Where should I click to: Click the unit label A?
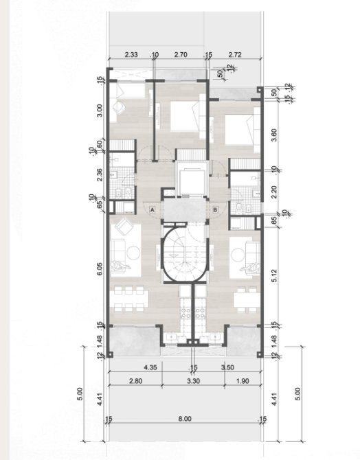point(152,210)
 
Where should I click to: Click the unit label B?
point(215,210)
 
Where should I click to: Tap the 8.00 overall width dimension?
point(185,419)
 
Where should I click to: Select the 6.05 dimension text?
point(100,268)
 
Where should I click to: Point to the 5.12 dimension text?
point(274,276)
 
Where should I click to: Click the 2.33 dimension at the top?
point(131,54)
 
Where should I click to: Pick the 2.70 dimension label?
point(181,54)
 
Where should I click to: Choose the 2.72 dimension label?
point(235,54)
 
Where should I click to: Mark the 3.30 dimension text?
point(193,381)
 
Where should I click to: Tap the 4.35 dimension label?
point(150,367)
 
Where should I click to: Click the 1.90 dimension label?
point(243,381)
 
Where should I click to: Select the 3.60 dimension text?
point(274,135)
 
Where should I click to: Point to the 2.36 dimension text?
point(100,174)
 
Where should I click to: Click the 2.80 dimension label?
point(135,381)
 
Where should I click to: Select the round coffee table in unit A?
point(133,252)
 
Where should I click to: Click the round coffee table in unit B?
point(238,255)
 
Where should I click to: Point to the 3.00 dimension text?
point(100,111)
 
